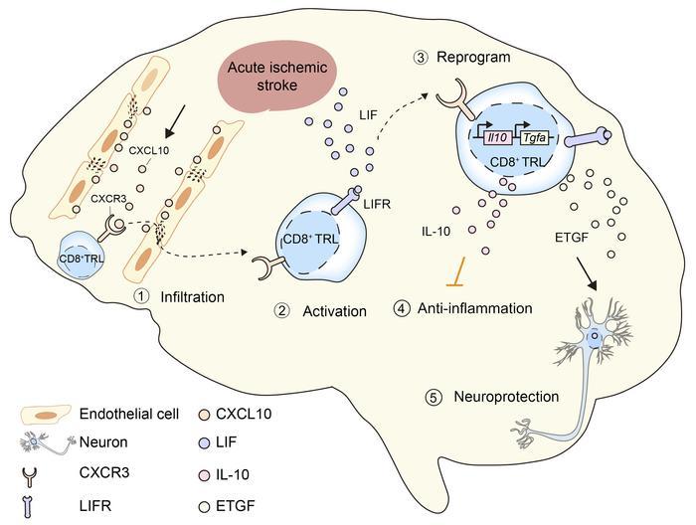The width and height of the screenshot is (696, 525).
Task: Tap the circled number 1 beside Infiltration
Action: pos(143,295)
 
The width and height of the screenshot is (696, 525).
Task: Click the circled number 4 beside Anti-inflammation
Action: pos(401,309)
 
